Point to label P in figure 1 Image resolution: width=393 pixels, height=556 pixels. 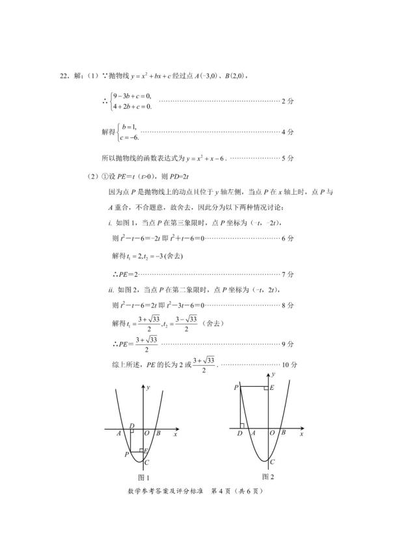[x=127, y=454]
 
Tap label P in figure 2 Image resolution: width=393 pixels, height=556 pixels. [x=235, y=388]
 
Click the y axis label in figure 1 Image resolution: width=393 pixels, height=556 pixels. [x=149, y=388]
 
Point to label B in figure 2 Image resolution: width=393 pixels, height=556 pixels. [x=282, y=434]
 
